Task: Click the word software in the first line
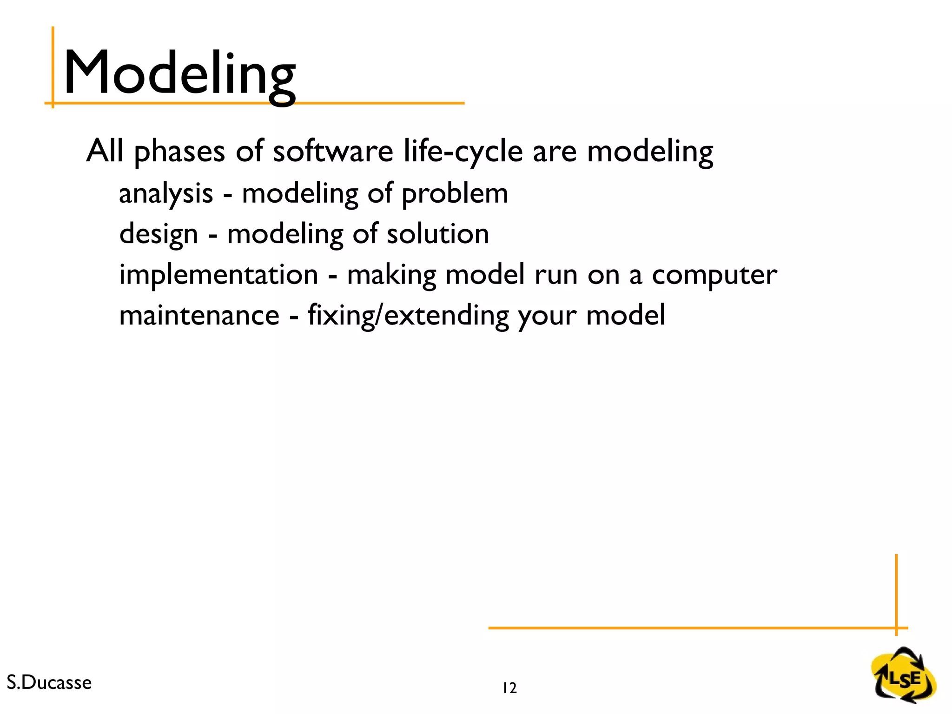pos(332,152)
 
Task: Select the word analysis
pos(166,193)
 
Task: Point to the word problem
pos(454,193)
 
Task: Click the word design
pos(159,234)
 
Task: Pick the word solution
pos(437,234)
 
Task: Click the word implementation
pos(218,274)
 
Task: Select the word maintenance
pos(199,315)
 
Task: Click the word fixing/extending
pos(408,315)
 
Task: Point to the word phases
pos(179,152)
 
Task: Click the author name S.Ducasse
pos(49,682)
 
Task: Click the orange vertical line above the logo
pos(896,590)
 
